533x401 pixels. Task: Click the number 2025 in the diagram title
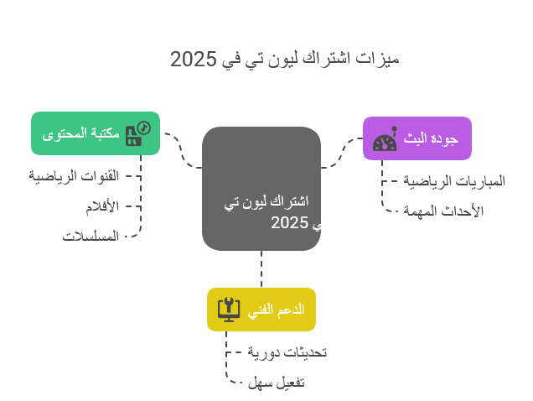(193, 59)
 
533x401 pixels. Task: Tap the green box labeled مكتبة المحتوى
(96, 133)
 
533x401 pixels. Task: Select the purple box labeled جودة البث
(417, 138)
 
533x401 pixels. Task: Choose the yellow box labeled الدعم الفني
(261, 310)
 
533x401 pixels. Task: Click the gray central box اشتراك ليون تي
(261, 189)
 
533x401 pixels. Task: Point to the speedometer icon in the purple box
(385, 139)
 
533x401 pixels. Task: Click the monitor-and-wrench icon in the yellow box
(229, 310)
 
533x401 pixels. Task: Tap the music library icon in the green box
(138, 133)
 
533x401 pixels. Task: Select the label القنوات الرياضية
(74, 176)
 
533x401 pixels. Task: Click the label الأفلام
(102, 206)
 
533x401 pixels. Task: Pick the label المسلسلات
(91, 237)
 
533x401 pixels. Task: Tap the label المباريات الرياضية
(454, 181)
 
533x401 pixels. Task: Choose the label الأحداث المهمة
(443, 211)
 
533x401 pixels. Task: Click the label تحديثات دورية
(287, 352)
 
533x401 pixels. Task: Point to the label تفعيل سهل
(276, 383)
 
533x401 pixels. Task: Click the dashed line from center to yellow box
(261, 269)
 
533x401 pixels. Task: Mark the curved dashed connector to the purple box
(341, 154)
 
